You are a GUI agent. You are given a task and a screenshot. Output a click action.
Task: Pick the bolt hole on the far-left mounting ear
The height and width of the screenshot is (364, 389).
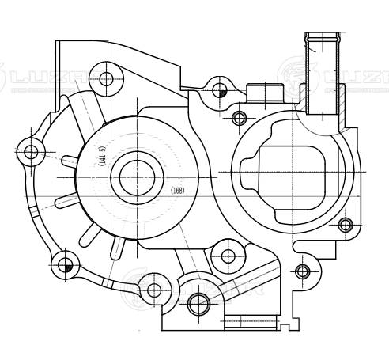(x=31, y=151)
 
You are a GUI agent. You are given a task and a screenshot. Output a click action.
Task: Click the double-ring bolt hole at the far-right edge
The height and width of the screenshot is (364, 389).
(x=345, y=225)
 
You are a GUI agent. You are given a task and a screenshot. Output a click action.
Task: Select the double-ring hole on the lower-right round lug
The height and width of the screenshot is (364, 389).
(x=301, y=271)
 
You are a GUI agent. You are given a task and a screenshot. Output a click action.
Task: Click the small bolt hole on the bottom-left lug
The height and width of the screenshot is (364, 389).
(x=153, y=290)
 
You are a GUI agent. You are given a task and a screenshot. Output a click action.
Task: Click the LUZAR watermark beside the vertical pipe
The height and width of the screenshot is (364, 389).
(x=348, y=78)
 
